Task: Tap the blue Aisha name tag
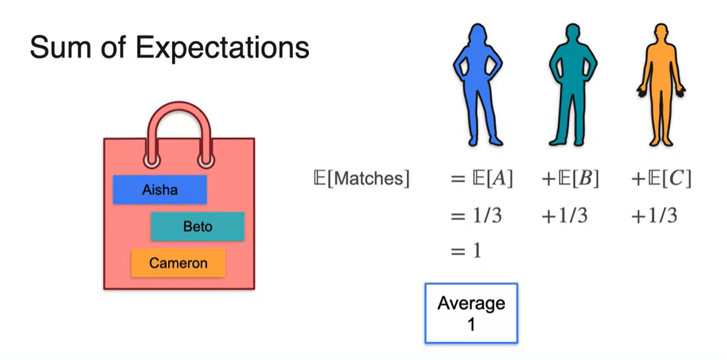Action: click(x=160, y=190)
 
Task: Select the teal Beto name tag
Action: click(x=198, y=227)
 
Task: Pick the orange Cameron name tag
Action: click(x=178, y=263)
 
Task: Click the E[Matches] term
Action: click(x=360, y=179)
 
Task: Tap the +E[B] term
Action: click(x=570, y=179)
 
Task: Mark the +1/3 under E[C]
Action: click(x=654, y=216)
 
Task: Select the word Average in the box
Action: click(x=471, y=304)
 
